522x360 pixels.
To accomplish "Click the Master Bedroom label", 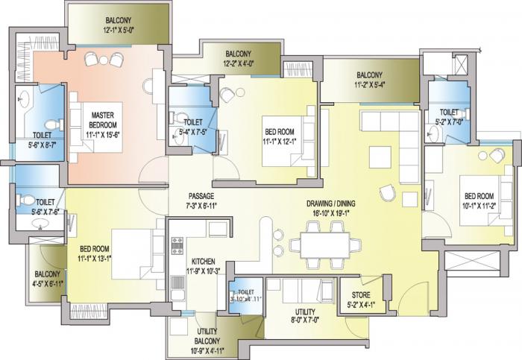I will tap(101, 119).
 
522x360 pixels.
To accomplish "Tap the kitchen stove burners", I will tap(178, 243).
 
